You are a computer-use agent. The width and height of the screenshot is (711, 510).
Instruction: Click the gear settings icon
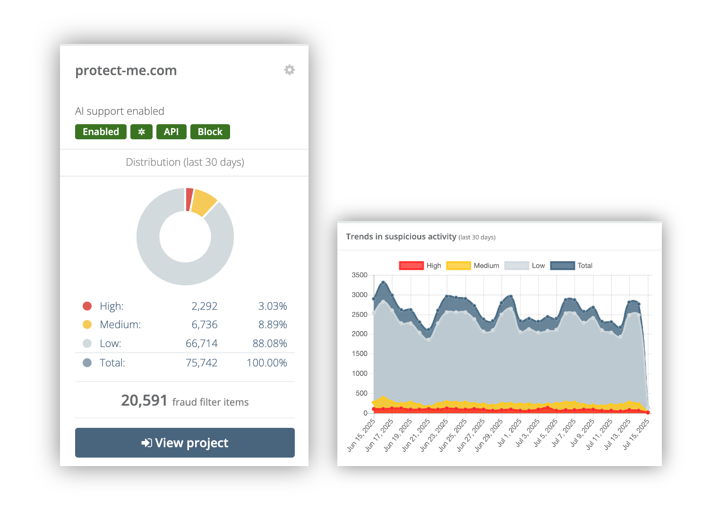289,70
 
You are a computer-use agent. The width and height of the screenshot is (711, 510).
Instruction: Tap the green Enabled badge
101,132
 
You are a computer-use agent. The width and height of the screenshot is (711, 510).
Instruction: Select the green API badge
171,132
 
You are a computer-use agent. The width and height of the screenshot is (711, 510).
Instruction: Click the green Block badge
210,132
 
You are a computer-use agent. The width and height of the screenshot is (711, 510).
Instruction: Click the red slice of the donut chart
189,199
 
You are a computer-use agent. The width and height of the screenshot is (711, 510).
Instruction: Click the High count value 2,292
204,306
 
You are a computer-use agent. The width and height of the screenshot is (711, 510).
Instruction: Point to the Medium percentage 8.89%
272,324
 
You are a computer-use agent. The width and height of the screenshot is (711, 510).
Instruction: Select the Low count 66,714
201,343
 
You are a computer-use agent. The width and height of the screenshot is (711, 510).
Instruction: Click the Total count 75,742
201,363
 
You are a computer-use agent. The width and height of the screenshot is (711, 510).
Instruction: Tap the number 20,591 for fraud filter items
144,400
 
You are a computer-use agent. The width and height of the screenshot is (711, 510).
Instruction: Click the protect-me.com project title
126,70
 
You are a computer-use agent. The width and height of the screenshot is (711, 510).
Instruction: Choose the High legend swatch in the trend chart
411,265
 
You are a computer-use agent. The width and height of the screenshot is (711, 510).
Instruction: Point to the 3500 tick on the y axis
359,275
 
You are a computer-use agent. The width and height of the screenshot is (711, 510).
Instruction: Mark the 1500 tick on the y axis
359,354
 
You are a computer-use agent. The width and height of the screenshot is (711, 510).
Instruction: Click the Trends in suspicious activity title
401,237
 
